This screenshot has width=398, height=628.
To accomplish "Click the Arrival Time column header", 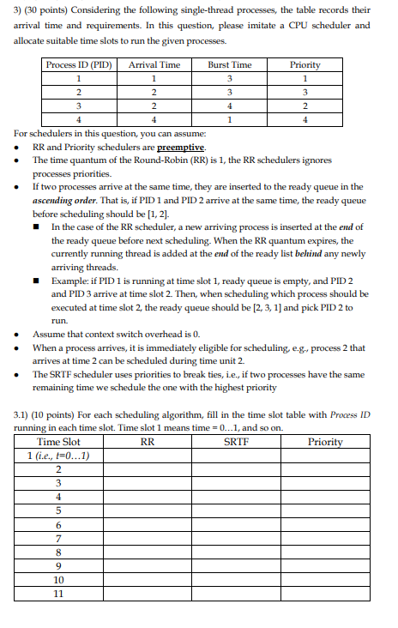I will (154, 64).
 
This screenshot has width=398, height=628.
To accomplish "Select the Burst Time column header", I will (230, 64).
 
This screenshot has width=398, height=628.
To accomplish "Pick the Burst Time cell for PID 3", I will (230, 106).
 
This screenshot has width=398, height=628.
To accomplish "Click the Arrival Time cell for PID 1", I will (154, 78).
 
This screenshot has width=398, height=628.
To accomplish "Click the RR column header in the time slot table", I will (147, 442).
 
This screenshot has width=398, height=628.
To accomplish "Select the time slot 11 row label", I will (58, 593).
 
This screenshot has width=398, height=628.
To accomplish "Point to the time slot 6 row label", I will (58, 524).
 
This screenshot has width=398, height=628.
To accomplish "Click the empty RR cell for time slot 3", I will (147, 483).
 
